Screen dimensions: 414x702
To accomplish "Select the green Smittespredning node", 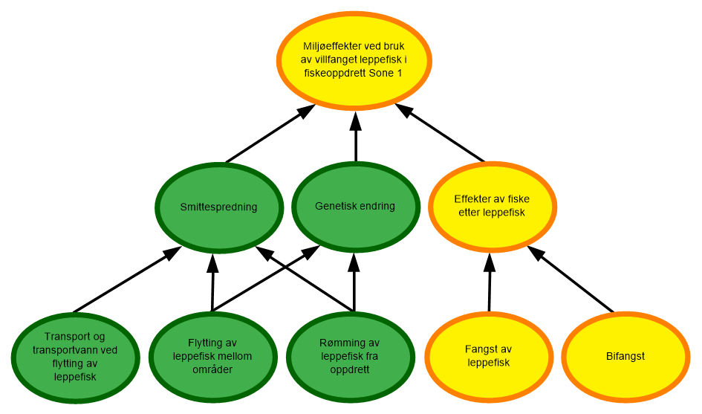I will tap(218, 207).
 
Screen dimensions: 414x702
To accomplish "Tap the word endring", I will tap(376, 206).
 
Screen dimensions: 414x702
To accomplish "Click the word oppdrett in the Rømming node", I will tap(350, 369).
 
